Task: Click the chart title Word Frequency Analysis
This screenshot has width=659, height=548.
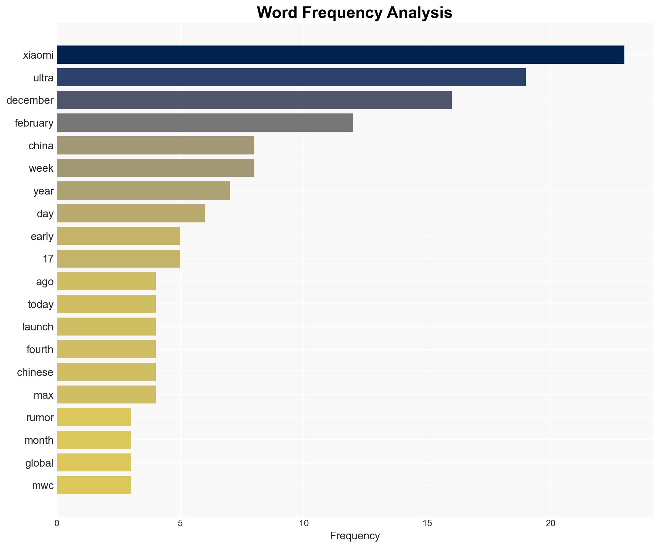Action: pyautogui.click(x=354, y=13)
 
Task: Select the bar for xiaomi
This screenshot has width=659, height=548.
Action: pyautogui.click(x=340, y=55)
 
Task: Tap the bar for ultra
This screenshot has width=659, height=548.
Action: pyautogui.click(x=291, y=77)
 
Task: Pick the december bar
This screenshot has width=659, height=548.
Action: pyautogui.click(x=254, y=100)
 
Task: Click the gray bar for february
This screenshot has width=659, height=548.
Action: pyautogui.click(x=205, y=123)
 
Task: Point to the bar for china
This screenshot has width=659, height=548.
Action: pyautogui.click(x=155, y=145)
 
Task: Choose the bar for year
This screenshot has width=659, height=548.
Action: pyautogui.click(x=143, y=191)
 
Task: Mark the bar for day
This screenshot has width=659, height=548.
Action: pyautogui.click(x=131, y=213)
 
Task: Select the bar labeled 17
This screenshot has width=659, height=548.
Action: pyautogui.click(x=119, y=259)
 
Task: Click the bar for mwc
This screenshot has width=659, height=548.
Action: pyautogui.click(x=94, y=485)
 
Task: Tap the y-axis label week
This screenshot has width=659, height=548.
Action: pyautogui.click(x=41, y=168)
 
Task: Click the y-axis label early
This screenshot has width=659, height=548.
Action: pyautogui.click(x=42, y=237)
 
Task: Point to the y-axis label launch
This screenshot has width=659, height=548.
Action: pyautogui.click(x=38, y=327)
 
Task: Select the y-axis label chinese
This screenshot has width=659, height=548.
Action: pyautogui.click(x=35, y=372)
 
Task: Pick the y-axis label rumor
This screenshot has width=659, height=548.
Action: pyautogui.click(x=40, y=418)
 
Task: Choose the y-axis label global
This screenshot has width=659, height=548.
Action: pyautogui.click(x=39, y=463)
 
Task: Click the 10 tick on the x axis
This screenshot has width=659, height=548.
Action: pyautogui.click(x=303, y=523)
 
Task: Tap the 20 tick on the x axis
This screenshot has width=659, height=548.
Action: pyautogui.click(x=550, y=523)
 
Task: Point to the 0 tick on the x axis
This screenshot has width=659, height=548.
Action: pyautogui.click(x=57, y=523)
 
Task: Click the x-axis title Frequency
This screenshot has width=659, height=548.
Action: pyautogui.click(x=355, y=536)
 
